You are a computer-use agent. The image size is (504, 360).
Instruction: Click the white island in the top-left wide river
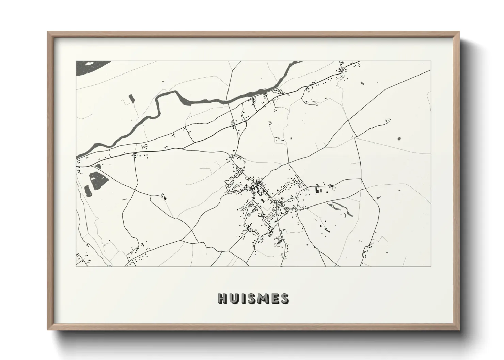click(x=89, y=63)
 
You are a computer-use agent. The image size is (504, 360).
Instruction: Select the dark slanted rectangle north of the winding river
click(x=131, y=98)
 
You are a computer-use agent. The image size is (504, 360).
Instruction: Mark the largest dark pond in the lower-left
click(x=95, y=180)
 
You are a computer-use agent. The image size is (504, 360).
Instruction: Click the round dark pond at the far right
click(x=399, y=138)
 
